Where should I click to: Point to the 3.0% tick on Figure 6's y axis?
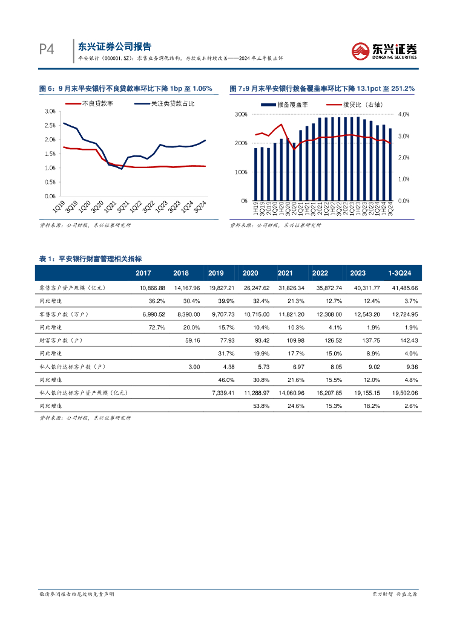point(50,112)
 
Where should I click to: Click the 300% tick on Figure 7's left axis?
point(240,114)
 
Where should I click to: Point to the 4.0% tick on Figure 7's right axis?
point(404,114)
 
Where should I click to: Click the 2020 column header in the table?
point(250,273)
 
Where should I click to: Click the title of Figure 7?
point(322,89)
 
